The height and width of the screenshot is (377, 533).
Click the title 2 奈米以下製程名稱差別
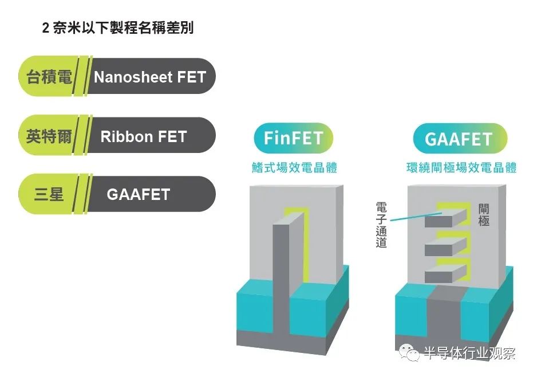pos(117,28)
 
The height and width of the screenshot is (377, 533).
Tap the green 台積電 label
pos(49,77)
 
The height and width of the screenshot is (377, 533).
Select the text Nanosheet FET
pos(150,77)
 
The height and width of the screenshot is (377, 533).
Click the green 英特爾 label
pos(49,136)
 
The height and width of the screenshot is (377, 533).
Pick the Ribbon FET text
pos(144,136)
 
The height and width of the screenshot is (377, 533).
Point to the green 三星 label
pos(49,194)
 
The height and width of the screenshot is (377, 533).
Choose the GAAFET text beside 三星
pos(139,195)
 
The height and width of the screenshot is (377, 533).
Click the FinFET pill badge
pos(293,138)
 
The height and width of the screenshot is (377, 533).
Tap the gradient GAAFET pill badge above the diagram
pos(460,139)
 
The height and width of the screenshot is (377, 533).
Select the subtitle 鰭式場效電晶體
pos(294,167)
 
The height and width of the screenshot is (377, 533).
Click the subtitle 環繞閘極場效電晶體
pos(461,167)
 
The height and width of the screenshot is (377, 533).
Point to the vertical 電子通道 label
pos(381,225)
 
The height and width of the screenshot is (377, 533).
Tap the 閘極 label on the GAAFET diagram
pos(484,215)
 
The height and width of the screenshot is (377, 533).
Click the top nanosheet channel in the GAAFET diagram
pos(445,218)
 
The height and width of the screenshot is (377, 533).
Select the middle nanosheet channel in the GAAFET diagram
pos(445,247)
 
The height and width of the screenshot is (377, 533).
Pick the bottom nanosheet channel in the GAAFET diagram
pos(445,274)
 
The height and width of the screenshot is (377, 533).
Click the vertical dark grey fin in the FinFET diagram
pos(281,279)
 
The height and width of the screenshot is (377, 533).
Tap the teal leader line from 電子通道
pos(416,217)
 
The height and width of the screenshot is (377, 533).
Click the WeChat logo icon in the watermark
pos(409,353)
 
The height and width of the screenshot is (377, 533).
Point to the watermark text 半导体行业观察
pos(470,354)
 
